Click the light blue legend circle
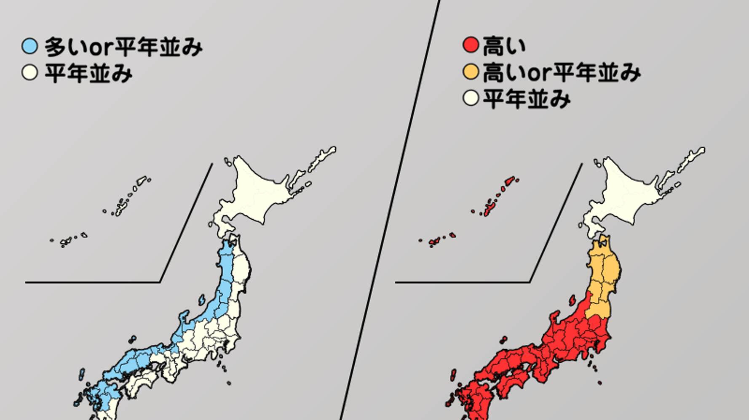(29, 46)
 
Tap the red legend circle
(471, 45)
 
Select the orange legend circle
(471, 72)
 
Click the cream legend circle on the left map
(29, 72)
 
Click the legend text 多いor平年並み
(123, 47)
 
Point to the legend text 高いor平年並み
(562, 73)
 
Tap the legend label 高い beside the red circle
(504, 45)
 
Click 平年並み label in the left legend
(88, 74)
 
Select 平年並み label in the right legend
(527, 99)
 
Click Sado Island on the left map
(202, 300)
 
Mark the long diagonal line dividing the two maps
(390, 210)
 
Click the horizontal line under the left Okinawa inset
(93, 282)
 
